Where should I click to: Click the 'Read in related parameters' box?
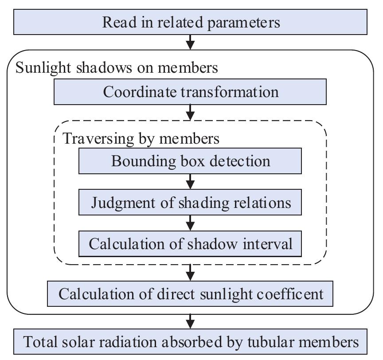[x=191, y=22]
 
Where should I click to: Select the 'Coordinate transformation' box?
[x=190, y=92]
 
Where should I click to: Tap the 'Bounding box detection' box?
[x=190, y=160]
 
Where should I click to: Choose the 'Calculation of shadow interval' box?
[x=190, y=243]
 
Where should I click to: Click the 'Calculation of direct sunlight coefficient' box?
[x=190, y=293]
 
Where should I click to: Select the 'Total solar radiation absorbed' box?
[x=191, y=342]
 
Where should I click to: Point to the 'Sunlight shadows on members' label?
[x=117, y=68]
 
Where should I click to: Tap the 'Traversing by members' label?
[x=141, y=138]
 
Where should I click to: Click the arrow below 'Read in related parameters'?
[x=191, y=43]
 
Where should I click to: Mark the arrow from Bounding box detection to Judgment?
[x=191, y=181]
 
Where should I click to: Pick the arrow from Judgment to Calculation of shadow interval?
[x=191, y=223]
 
